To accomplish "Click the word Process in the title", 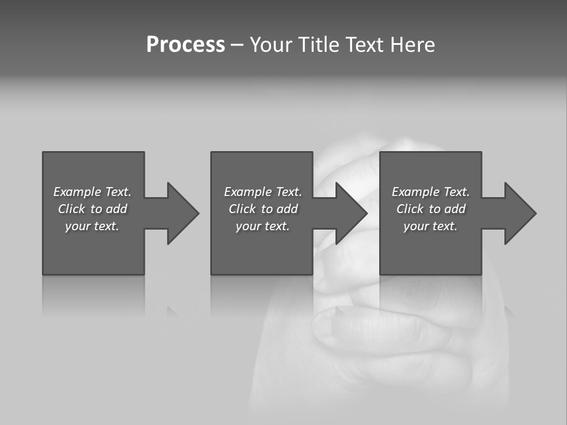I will [185, 45].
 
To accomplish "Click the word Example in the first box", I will [77, 192].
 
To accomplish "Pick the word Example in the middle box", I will [248, 192].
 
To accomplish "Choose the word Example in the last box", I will [416, 192].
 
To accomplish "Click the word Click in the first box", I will [71, 209].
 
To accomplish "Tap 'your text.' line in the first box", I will [92, 226].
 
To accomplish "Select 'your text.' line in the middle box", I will [263, 226].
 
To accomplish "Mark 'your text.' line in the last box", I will [431, 226].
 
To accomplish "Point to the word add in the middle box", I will [287, 209].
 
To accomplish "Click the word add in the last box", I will [455, 209].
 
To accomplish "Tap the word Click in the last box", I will [410, 209].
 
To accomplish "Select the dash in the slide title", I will [237, 45].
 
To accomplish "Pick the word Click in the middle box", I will [242, 209].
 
